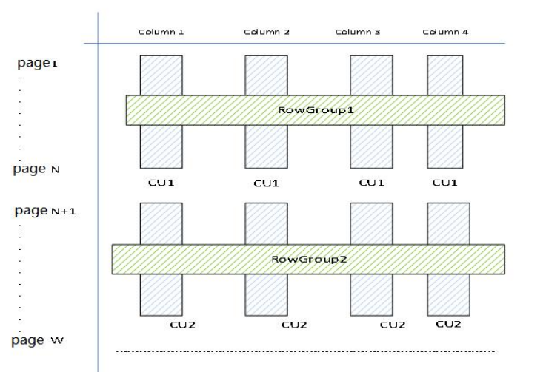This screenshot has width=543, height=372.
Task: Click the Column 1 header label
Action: click(x=161, y=32)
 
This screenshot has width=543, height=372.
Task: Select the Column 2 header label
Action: click(x=266, y=32)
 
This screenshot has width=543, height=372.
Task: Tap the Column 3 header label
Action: click(x=358, y=32)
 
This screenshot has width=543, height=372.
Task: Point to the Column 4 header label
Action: click(x=445, y=32)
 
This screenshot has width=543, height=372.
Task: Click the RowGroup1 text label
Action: click(x=316, y=110)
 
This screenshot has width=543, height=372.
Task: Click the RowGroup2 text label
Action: click(x=309, y=260)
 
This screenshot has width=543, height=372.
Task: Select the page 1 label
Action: click(x=37, y=64)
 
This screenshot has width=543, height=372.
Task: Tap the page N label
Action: click(x=36, y=169)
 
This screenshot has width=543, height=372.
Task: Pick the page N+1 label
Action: click(x=45, y=211)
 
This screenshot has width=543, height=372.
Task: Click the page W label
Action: click(x=37, y=341)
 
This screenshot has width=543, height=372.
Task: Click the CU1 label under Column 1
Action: click(x=161, y=183)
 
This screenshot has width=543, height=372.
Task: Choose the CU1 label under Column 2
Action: click(x=266, y=183)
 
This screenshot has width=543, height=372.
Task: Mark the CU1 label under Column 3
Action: click(x=372, y=183)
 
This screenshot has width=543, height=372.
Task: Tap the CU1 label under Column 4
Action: click(x=445, y=183)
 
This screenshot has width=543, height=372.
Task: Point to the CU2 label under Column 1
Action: click(x=182, y=325)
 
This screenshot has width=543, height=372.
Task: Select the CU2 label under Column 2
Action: click(x=294, y=325)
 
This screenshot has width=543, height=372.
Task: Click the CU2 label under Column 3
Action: click(x=393, y=325)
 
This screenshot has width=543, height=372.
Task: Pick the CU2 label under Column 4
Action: click(x=448, y=324)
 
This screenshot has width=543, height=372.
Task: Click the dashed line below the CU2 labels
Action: click(x=305, y=351)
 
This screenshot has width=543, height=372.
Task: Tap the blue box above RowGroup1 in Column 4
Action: click(x=445, y=75)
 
